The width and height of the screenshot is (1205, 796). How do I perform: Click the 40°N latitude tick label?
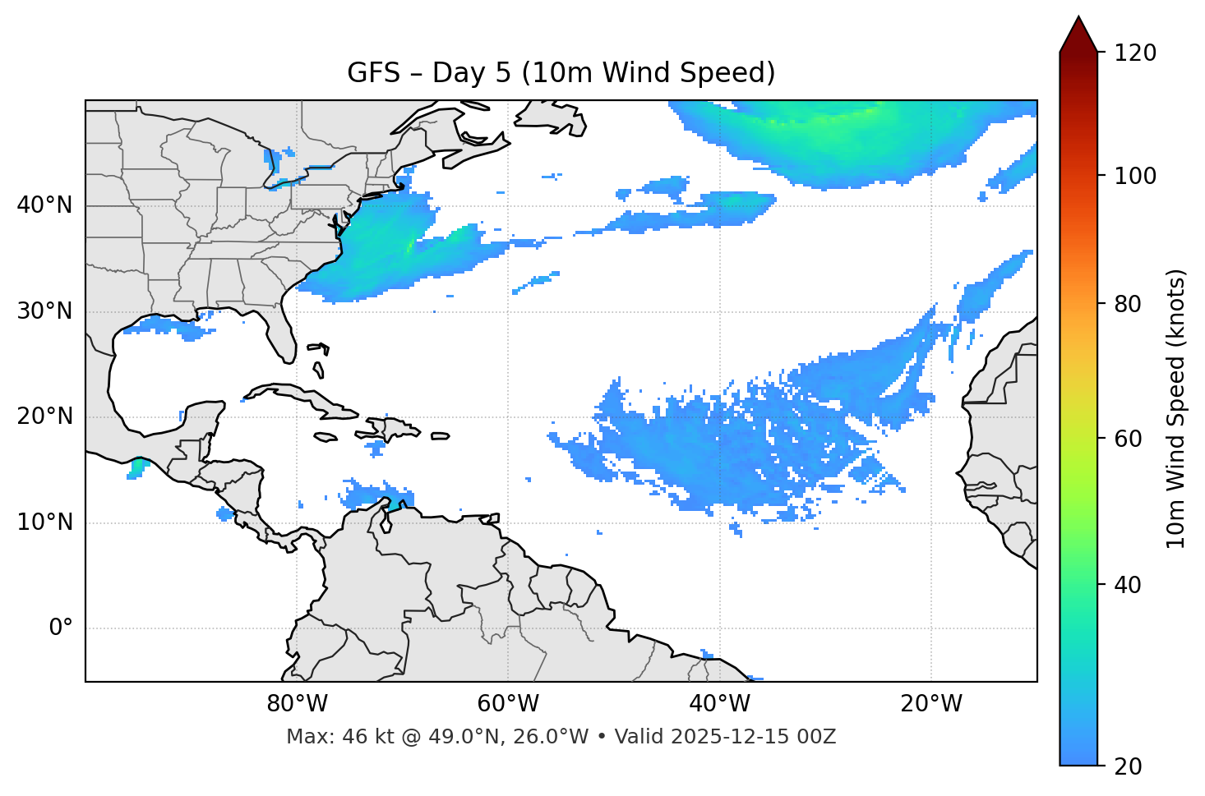(44, 205)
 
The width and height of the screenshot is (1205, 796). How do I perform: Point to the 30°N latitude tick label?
(44, 311)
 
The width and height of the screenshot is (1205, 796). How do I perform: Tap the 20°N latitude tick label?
(44, 416)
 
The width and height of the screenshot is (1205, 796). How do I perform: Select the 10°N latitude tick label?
(44, 522)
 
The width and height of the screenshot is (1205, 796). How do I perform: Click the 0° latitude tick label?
(61, 628)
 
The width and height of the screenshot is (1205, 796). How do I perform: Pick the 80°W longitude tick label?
(297, 704)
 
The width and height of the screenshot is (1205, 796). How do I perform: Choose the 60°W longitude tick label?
(508, 704)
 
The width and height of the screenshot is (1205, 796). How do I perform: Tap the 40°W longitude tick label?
(719, 704)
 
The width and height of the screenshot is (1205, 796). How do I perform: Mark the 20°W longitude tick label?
(931, 704)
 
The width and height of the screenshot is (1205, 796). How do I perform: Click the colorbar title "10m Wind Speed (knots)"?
(1176, 408)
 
